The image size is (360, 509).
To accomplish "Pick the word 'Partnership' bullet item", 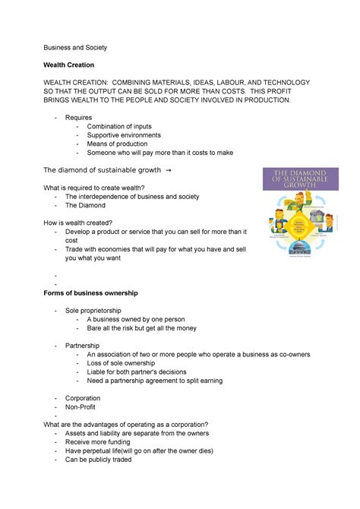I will point(82,345).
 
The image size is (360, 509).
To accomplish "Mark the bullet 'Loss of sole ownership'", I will point(126,363).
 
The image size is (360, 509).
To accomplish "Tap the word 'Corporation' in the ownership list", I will point(83,398).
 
